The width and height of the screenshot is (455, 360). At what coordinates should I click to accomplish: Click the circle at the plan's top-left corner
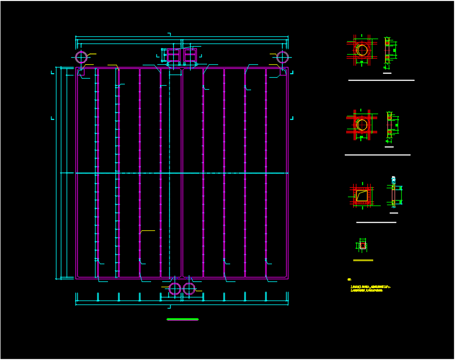pos(81,57)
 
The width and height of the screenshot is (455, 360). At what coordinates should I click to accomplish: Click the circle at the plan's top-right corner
pos(283,57)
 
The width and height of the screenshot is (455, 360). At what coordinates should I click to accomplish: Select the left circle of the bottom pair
pos(175,289)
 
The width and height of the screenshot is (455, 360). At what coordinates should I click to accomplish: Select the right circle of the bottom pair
pos(189,289)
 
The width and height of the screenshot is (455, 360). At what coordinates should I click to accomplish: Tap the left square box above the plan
pos(172,55)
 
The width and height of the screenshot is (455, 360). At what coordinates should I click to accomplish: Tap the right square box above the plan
pos(190,55)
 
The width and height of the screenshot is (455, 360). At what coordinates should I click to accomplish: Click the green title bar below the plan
pos(183,319)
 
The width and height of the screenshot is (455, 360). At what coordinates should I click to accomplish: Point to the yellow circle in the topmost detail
pos(362,50)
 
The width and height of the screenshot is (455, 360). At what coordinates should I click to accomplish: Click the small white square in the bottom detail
pos(363,245)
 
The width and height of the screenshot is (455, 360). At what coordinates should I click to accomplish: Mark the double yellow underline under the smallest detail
pos(363,260)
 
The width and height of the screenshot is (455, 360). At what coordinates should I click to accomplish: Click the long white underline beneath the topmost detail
pos(381,80)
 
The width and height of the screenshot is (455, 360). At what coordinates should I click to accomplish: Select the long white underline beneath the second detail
pos(377,155)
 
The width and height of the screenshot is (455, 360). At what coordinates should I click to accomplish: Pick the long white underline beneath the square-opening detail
pos(376,222)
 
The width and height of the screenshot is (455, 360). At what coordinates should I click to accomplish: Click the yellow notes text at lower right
pos(367,288)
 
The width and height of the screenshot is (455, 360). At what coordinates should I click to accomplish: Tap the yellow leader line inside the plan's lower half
pos(148,231)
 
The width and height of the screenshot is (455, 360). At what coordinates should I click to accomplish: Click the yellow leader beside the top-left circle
pos(92,54)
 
